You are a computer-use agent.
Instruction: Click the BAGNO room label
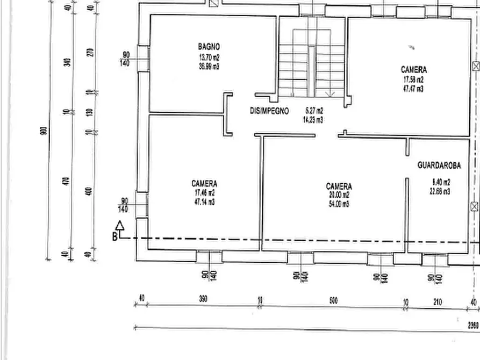[x=209, y=47]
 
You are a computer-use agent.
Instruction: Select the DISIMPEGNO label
[x=269, y=111]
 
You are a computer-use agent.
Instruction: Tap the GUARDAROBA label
[x=439, y=166]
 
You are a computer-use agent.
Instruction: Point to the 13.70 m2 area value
[x=209, y=57]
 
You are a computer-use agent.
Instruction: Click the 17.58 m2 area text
[x=413, y=80]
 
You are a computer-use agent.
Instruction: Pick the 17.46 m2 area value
[x=204, y=193]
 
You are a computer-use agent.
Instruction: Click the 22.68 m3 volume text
[x=440, y=191]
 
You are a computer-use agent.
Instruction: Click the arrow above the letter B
[x=120, y=226]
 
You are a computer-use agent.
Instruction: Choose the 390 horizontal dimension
[x=203, y=299]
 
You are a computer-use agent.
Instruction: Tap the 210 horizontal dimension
[x=436, y=303]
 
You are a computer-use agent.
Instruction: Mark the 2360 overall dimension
[x=472, y=325]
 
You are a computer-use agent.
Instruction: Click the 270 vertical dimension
[x=90, y=52]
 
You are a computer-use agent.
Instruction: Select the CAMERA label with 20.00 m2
[x=339, y=186]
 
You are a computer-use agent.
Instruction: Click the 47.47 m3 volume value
[x=413, y=89]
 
